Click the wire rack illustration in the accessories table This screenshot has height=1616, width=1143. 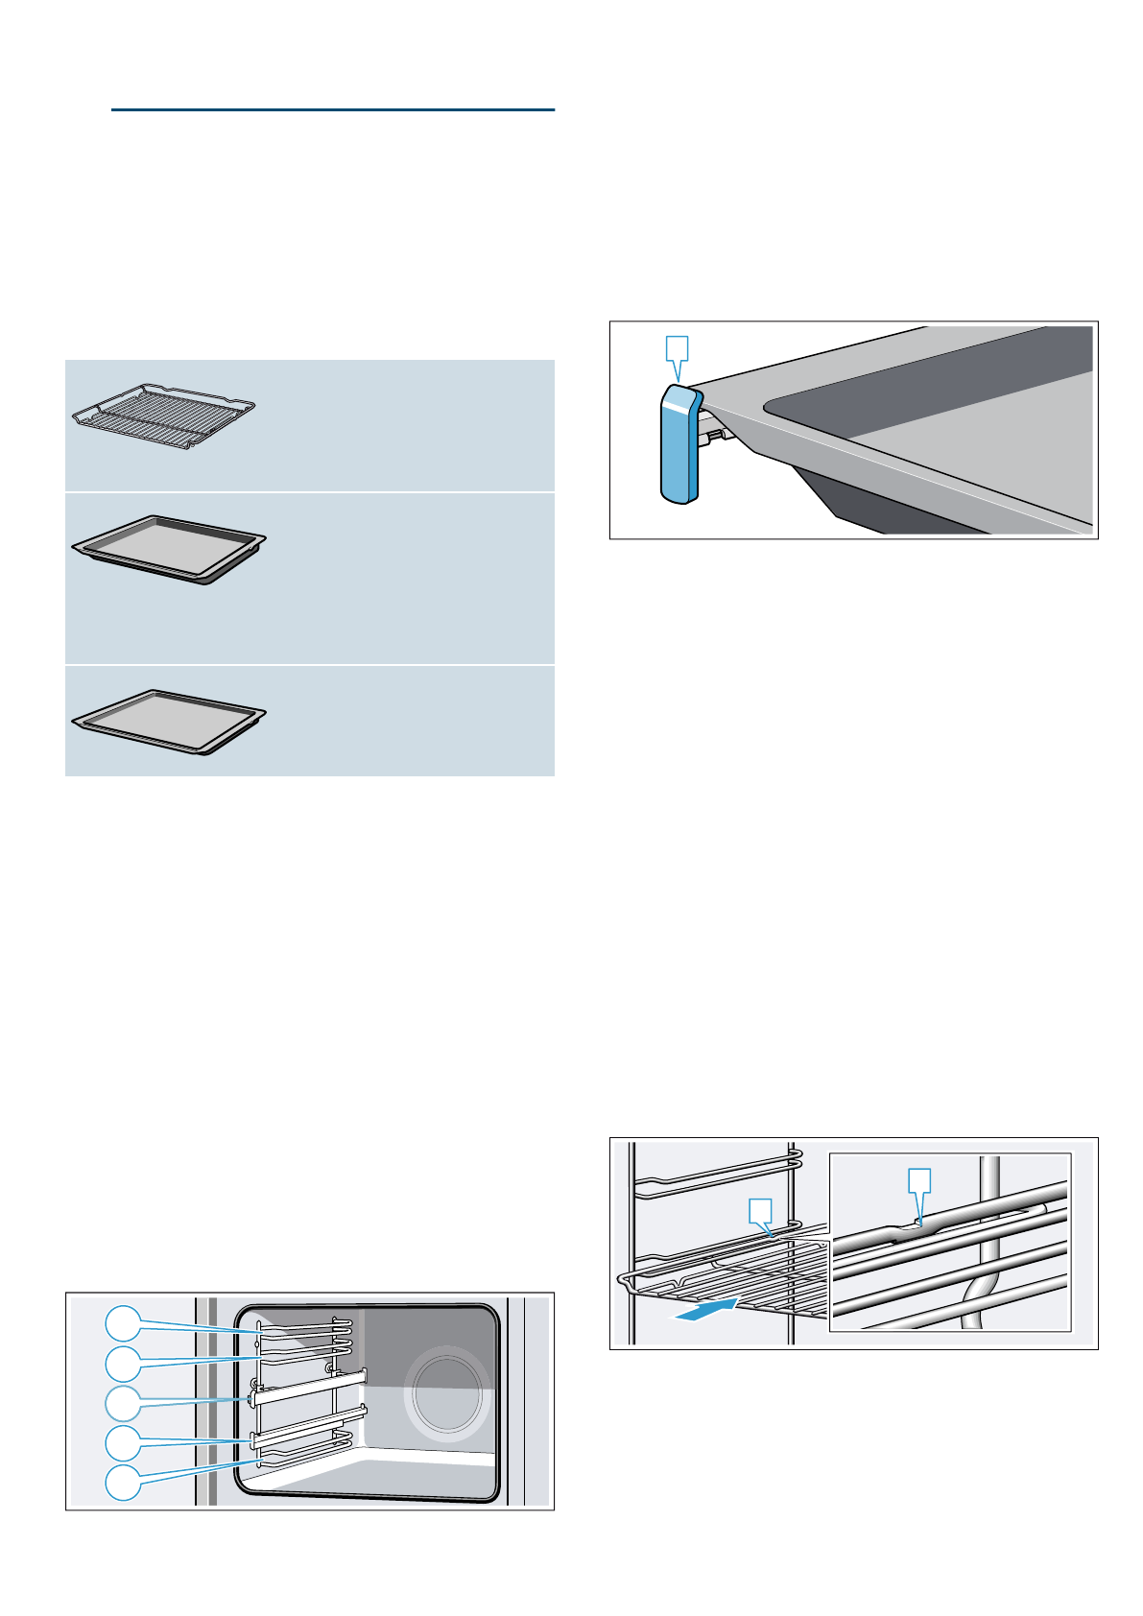[164, 416]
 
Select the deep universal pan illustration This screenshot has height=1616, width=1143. [169, 549]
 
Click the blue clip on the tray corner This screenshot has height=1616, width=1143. [679, 444]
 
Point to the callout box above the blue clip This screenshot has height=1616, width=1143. [678, 347]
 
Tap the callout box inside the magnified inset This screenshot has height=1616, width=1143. [919, 1180]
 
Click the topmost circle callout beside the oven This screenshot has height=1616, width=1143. [122, 1323]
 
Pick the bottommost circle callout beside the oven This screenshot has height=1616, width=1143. [122, 1482]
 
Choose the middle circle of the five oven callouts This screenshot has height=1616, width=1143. [122, 1403]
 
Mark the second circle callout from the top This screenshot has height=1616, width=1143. [122, 1363]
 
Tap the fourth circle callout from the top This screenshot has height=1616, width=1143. [122, 1441]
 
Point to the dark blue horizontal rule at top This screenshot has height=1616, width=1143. [332, 110]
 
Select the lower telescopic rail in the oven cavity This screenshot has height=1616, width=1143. [309, 1425]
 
